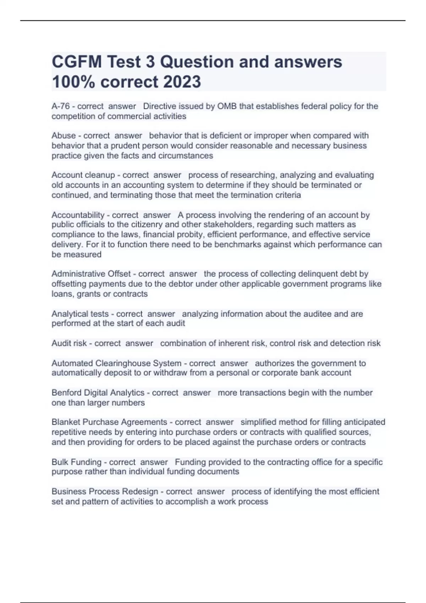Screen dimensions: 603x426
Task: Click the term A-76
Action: pos(60,106)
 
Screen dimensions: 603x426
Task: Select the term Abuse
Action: pos(64,136)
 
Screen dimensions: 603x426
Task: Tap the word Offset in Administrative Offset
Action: pos(119,274)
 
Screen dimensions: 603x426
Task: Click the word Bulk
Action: pos(60,462)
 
